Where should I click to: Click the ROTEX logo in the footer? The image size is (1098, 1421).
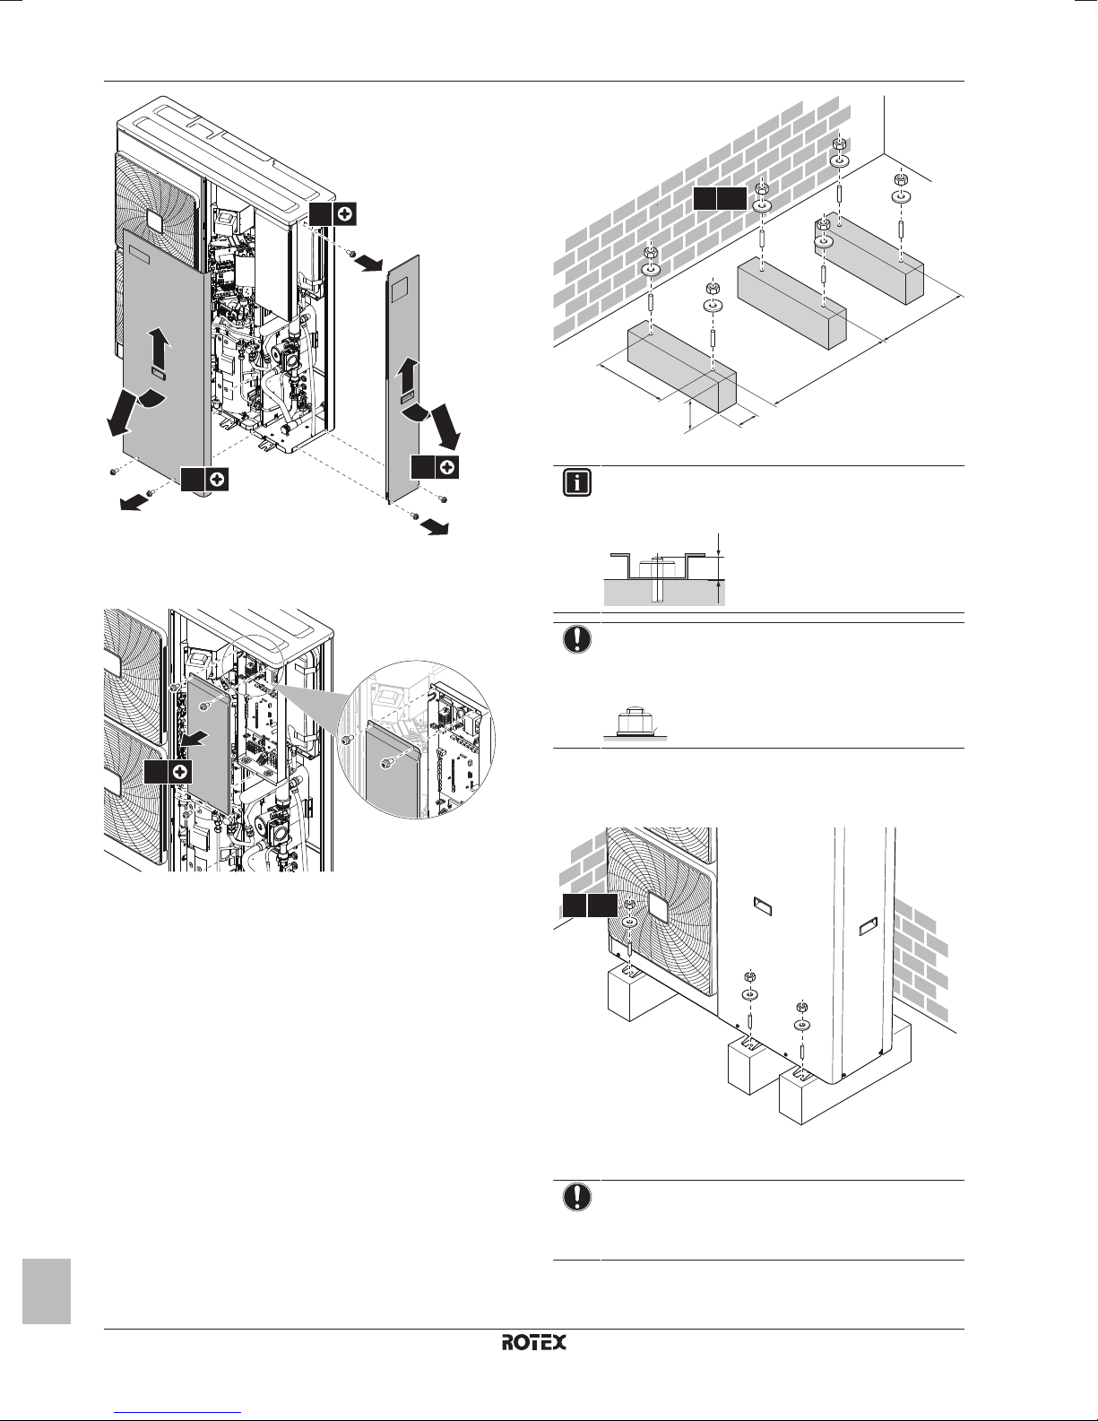pos(534,1342)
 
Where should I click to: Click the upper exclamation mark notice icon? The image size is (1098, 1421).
pos(577,638)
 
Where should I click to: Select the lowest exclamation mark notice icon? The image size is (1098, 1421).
pos(577,1196)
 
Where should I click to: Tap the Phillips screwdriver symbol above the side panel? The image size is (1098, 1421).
pos(346,213)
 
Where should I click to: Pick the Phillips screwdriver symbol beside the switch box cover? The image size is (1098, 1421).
pos(182,772)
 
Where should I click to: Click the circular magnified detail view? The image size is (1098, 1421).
pos(416,740)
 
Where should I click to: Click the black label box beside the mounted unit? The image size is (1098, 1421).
pos(590,905)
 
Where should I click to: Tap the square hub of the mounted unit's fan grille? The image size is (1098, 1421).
pos(661,905)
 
